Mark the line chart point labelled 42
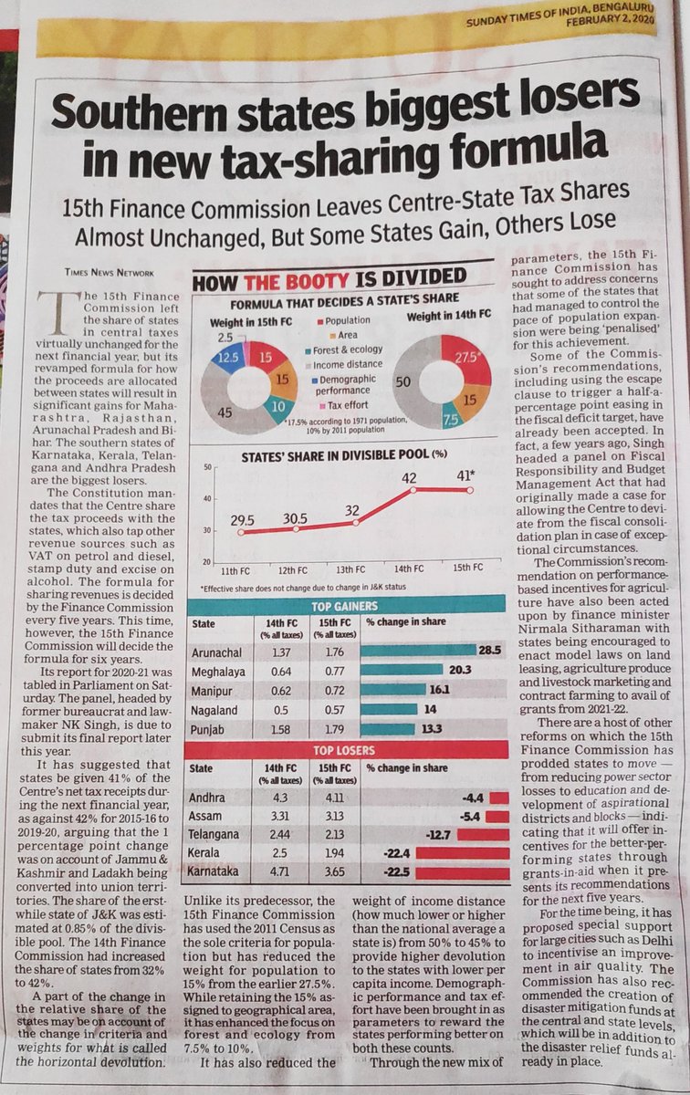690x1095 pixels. pyautogui.click(x=412, y=490)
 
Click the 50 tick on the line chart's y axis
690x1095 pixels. pyautogui.click(x=205, y=468)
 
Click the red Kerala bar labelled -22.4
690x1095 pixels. pyautogui.click(x=461, y=853)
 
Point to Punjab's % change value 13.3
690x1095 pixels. pyautogui.click(x=430, y=729)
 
